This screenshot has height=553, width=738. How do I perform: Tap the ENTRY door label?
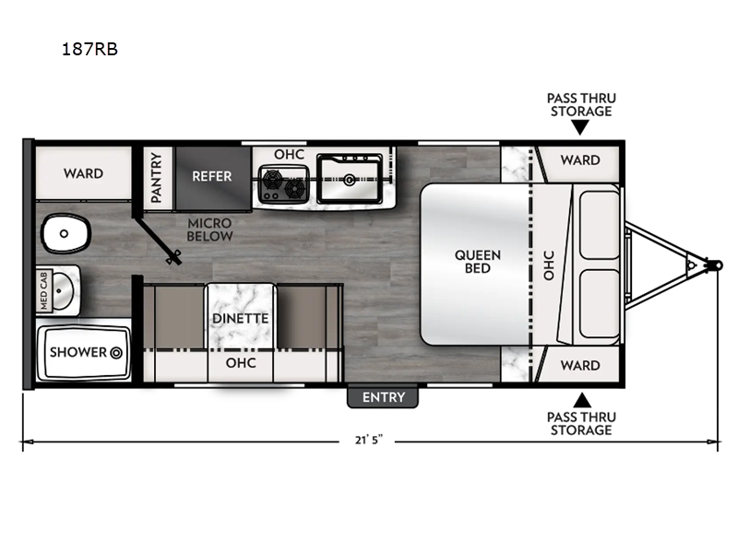pyautogui.click(x=383, y=397)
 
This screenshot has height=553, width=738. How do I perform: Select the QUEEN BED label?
pyautogui.click(x=477, y=262)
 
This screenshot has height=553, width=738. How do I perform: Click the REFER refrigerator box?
pyautogui.click(x=211, y=176)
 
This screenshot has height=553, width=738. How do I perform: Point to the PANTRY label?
pyautogui.click(x=156, y=177)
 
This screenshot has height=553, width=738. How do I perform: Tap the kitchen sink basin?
pyautogui.click(x=351, y=177)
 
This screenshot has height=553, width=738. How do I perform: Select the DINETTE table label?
pyautogui.click(x=240, y=319)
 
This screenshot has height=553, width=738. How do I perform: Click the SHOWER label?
pyautogui.click(x=76, y=352)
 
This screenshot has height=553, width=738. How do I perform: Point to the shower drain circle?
pyautogui.click(x=117, y=352)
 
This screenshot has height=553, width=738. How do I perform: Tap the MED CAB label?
pyautogui.click(x=42, y=287)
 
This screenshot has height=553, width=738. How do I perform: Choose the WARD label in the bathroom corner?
pyautogui.click(x=83, y=173)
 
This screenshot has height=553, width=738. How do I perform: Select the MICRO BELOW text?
pyautogui.click(x=209, y=229)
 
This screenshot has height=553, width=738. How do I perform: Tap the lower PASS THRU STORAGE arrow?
pyautogui.click(x=580, y=400)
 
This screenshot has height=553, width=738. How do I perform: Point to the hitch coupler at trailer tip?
pyautogui.click(x=713, y=264)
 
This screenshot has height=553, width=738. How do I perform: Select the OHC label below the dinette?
pyautogui.click(x=240, y=364)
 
